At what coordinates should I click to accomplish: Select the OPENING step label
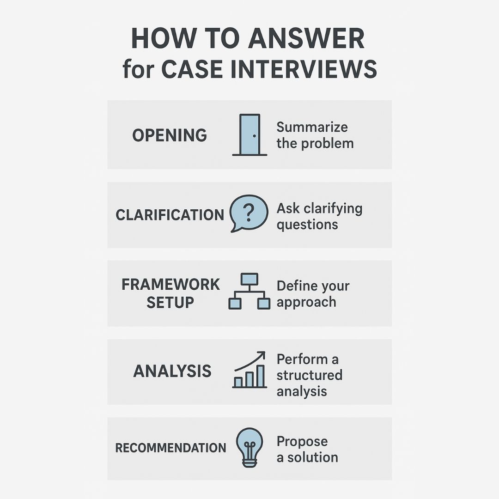point(170,135)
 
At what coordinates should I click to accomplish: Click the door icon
point(249,134)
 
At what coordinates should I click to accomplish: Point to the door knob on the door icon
point(254,136)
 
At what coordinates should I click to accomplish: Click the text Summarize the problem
point(315,135)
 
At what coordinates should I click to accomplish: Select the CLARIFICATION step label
point(170,215)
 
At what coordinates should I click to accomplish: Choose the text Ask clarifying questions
point(319,216)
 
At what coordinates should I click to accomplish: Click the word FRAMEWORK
point(170,285)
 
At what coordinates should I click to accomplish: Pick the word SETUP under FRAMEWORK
point(170,303)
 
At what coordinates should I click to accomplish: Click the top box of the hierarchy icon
point(249,279)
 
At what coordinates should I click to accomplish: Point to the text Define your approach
point(313,294)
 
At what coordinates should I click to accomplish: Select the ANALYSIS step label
point(172,371)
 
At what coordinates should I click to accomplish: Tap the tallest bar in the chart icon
point(261,376)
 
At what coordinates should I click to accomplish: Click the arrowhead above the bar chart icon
point(262,354)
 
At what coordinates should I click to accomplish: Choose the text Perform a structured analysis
point(310,375)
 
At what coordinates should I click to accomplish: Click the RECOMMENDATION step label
point(170,448)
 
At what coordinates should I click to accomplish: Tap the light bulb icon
point(249,446)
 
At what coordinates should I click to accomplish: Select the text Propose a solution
point(307,449)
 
